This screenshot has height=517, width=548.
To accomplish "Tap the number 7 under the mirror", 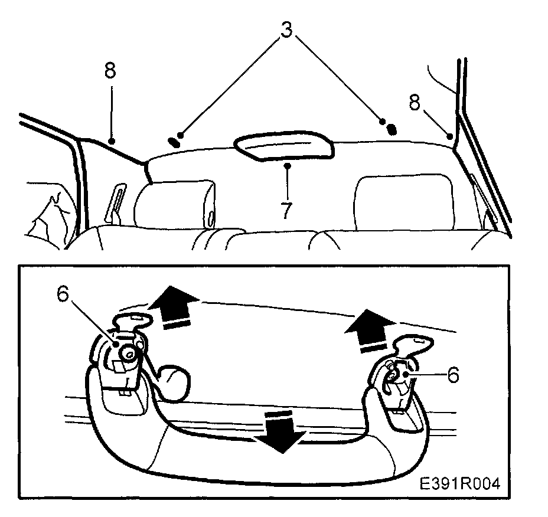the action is click(286, 211).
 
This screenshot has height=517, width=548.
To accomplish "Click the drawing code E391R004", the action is click(460, 484).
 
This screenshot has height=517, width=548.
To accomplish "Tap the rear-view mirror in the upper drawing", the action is click(284, 146).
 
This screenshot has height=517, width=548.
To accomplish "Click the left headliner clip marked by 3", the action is click(174, 142).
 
